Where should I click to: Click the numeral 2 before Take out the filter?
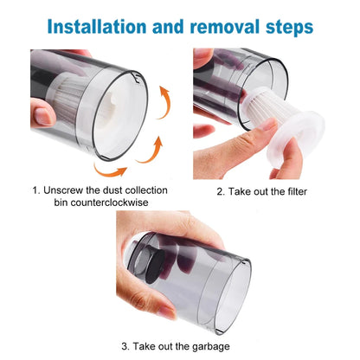220,191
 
